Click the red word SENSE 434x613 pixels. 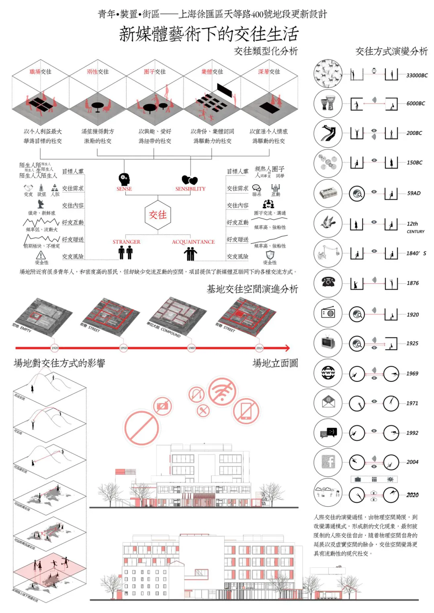click(x=124, y=189)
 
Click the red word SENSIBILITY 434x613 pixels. click(x=190, y=189)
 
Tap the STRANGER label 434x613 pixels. click(x=126, y=242)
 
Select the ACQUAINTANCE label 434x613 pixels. click(x=193, y=242)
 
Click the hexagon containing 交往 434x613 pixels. click(x=158, y=215)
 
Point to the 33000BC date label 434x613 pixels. click(x=417, y=75)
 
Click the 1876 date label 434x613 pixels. click(x=412, y=283)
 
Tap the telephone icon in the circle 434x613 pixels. click(x=328, y=282)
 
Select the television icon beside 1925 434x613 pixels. click(x=328, y=343)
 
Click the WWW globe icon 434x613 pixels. click(x=328, y=373)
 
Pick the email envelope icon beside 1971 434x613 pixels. click(x=328, y=403)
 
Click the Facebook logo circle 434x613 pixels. click(x=328, y=462)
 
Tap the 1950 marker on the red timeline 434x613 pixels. click(x=123, y=348)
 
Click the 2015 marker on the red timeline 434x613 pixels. click(x=259, y=348)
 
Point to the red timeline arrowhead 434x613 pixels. click(x=287, y=348)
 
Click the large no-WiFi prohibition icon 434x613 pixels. click(x=222, y=391)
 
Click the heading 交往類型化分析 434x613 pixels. click(x=266, y=51)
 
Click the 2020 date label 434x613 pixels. click(x=412, y=495)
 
